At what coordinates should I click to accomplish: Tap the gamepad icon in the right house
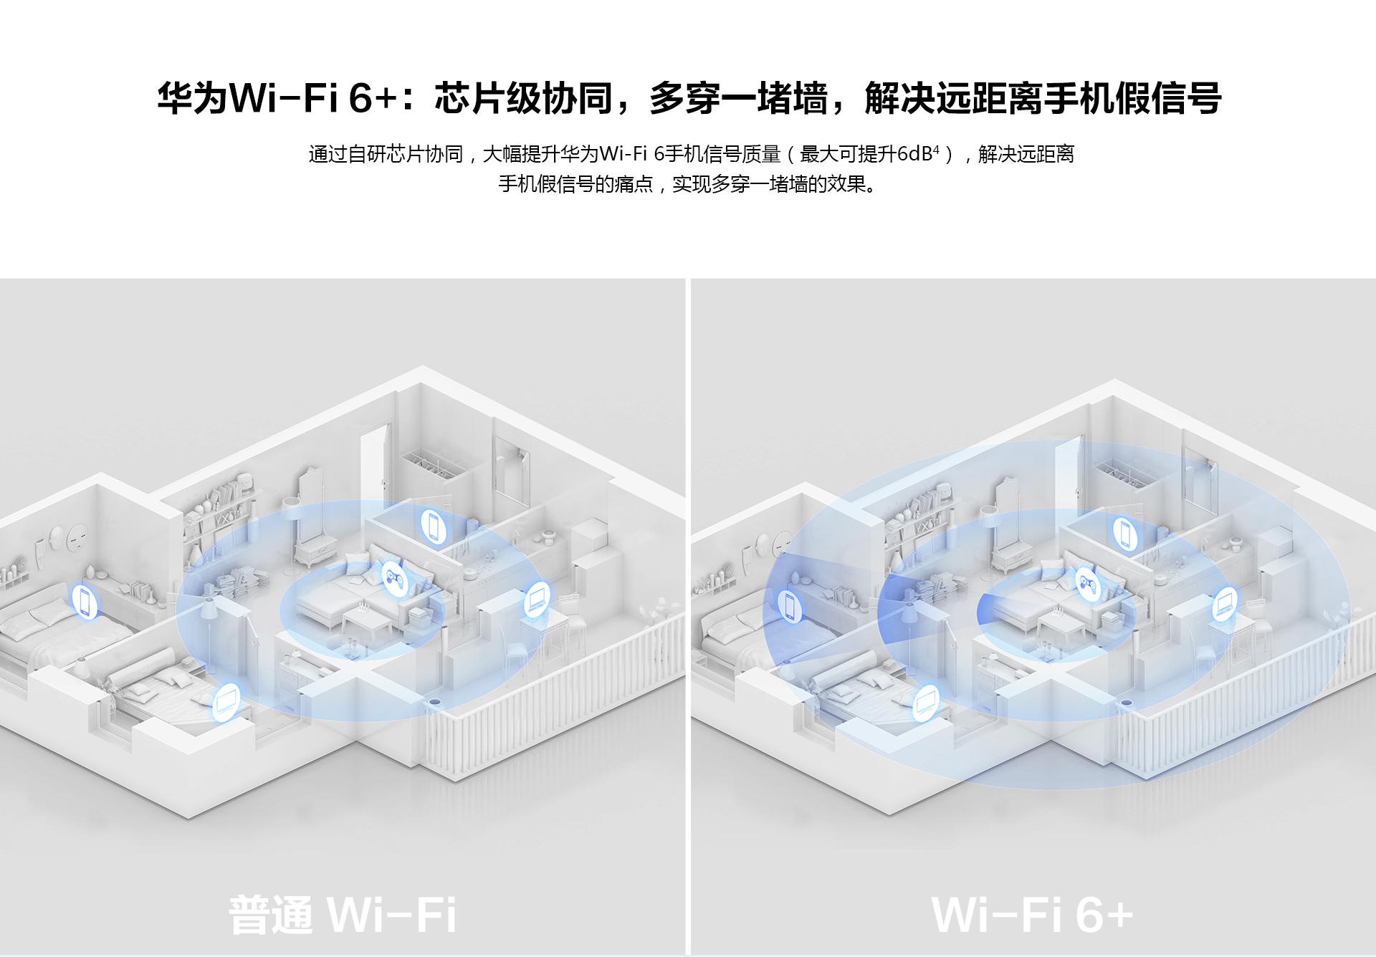(1088, 584)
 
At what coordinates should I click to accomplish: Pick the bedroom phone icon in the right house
(790, 606)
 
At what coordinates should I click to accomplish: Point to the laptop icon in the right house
(1225, 603)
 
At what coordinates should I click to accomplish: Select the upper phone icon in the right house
(1124, 533)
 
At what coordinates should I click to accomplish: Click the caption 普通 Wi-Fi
(343, 915)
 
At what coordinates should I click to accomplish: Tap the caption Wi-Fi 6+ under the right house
(1032, 915)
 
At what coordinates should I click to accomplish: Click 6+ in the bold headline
(373, 98)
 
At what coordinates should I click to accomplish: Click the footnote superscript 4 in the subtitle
(936, 149)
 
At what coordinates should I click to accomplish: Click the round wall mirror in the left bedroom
(77, 536)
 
